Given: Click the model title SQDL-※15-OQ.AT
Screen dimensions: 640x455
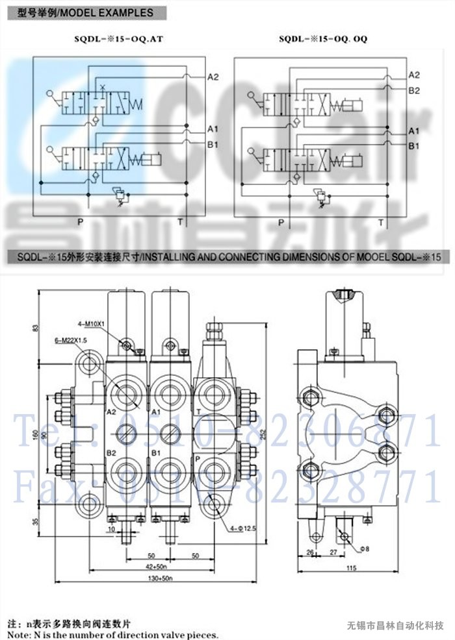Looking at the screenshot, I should coord(118,39).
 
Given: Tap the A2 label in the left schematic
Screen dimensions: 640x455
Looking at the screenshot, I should coord(213,77).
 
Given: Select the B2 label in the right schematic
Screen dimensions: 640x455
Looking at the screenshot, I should coord(414,90).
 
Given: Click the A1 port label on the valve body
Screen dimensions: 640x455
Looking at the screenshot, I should coord(155,412).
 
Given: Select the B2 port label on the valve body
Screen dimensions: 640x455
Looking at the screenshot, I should coord(111,452).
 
